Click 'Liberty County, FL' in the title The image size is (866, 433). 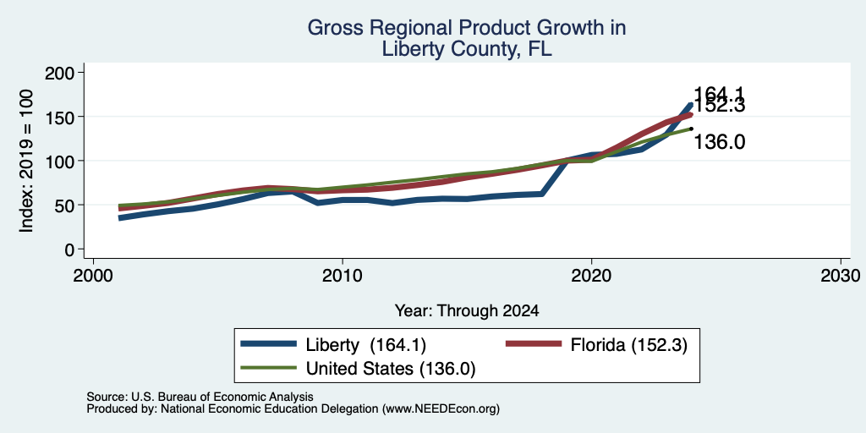[467, 49]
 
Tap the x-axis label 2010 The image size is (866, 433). [343, 275]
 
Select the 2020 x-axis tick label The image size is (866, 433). [591, 275]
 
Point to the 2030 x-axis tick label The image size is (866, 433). [841, 275]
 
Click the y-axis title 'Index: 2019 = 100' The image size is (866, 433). [26, 161]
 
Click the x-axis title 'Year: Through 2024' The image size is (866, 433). [467, 311]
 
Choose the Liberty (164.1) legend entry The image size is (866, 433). [333, 345]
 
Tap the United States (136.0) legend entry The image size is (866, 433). [358, 369]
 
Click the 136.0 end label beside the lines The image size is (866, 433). [719, 142]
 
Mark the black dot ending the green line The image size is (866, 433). [692, 129]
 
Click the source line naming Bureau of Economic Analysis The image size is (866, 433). [200, 397]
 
